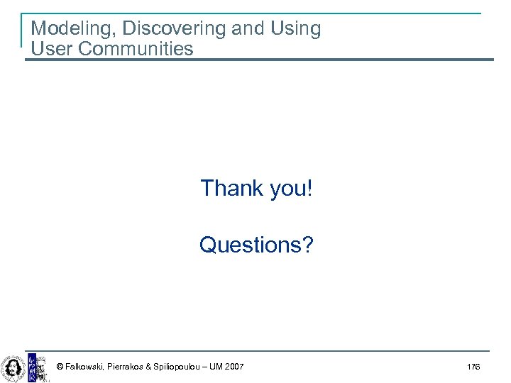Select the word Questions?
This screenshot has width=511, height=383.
[x=256, y=245]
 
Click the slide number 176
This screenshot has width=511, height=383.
[x=473, y=367]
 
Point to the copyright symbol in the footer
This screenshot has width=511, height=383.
[x=60, y=367]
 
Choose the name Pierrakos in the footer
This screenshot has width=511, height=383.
[x=126, y=367]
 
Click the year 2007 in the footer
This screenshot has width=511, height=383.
[x=233, y=367]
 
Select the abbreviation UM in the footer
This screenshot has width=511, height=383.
[x=215, y=367]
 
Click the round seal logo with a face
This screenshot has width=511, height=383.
[x=12, y=367]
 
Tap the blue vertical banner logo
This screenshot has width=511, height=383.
[x=31, y=367]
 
